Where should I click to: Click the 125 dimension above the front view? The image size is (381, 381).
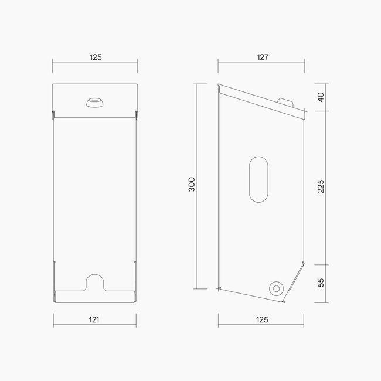[96, 57]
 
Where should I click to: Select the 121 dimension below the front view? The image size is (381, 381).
[94, 319]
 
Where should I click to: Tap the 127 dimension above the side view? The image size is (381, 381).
[262, 57]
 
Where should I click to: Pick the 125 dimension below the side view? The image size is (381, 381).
[262, 319]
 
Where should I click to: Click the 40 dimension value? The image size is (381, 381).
[321, 97]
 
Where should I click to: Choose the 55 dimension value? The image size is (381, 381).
[321, 282]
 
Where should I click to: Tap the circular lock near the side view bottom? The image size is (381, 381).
[275, 287]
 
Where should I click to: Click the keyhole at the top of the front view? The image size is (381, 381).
[94, 103]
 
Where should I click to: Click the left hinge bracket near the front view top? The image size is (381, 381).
[53, 113]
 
